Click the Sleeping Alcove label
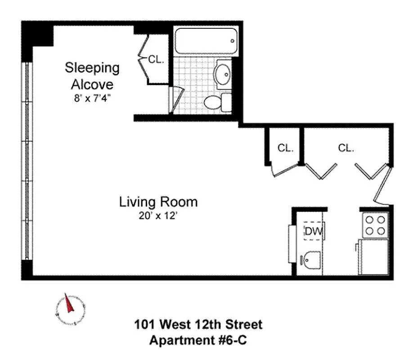coord(92,76)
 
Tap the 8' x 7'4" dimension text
coord(92,98)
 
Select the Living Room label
coord(158,202)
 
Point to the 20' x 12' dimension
coord(158,216)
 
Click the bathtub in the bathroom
coord(206,41)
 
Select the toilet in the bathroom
coord(218,103)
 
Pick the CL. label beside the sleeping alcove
coord(156,59)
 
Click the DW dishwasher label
coord(314,231)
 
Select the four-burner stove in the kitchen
coord(375,225)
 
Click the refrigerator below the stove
coord(373,256)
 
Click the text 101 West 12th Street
coord(198,324)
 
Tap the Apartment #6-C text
coord(198,340)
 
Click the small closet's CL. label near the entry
coord(286,148)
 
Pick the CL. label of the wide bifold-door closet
coord(346,148)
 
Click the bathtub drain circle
coord(232,41)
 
